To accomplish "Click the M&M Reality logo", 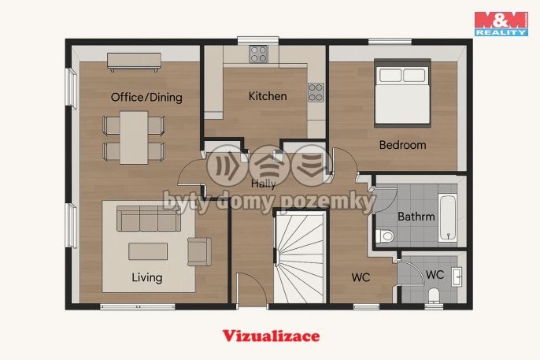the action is pos(501,24).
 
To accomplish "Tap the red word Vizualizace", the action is pos(271,336).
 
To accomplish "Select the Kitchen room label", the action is pos(268,96).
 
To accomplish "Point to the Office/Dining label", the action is pos(146,97).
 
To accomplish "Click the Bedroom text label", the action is pos(402,145).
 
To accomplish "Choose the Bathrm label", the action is pos(416,217).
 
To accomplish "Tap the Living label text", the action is pos(147,277).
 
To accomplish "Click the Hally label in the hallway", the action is pos(264,184).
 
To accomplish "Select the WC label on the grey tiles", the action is pos(435,275).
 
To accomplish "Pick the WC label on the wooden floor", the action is pos(361,277).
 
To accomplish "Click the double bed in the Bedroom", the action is pos(402,93).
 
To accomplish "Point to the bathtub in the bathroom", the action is pos(448,218).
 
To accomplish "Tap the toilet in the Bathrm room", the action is pos(385,236).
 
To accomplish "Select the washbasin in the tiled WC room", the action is pos(457,276).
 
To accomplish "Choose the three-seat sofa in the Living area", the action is pos(149,218).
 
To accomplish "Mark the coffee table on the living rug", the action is pos(148,251).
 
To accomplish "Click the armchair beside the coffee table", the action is pos(199,252).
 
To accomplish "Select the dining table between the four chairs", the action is pos(134,137).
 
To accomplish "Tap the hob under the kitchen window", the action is pos(259,54).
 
